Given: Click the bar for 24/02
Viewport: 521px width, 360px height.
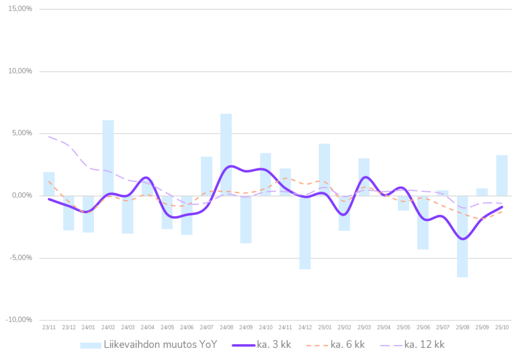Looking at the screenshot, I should pyautogui.click(x=108, y=158).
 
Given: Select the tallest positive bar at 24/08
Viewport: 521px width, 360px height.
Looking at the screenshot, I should pyautogui.click(x=226, y=153).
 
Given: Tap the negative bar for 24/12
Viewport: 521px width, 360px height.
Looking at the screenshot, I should pyautogui.click(x=305, y=232).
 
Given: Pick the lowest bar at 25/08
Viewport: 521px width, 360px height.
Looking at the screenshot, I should pyautogui.click(x=462, y=236).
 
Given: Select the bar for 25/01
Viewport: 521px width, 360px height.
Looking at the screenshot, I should pyautogui.click(x=325, y=169).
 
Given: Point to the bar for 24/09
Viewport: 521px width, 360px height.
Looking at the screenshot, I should pyautogui.click(x=246, y=220).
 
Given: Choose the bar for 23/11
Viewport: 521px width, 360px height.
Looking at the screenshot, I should pyautogui.click(x=49, y=184).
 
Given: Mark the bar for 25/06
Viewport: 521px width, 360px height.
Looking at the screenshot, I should pyautogui.click(x=423, y=223).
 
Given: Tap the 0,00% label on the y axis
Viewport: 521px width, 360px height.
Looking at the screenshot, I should pyautogui.click(x=22, y=196).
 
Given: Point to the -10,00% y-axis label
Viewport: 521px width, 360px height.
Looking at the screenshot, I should pyautogui.click(x=19, y=320).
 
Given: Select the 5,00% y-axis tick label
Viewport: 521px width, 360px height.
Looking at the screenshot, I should pyautogui.click(x=22, y=133).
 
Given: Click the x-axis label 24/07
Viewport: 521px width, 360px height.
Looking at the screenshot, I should pyautogui.click(x=206, y=327).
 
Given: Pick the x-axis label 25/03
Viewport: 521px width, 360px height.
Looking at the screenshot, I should pyautogui.click(x=364, y=327).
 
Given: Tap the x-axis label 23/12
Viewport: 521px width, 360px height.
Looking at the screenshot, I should pyautogui.click(x=69, y=327).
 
